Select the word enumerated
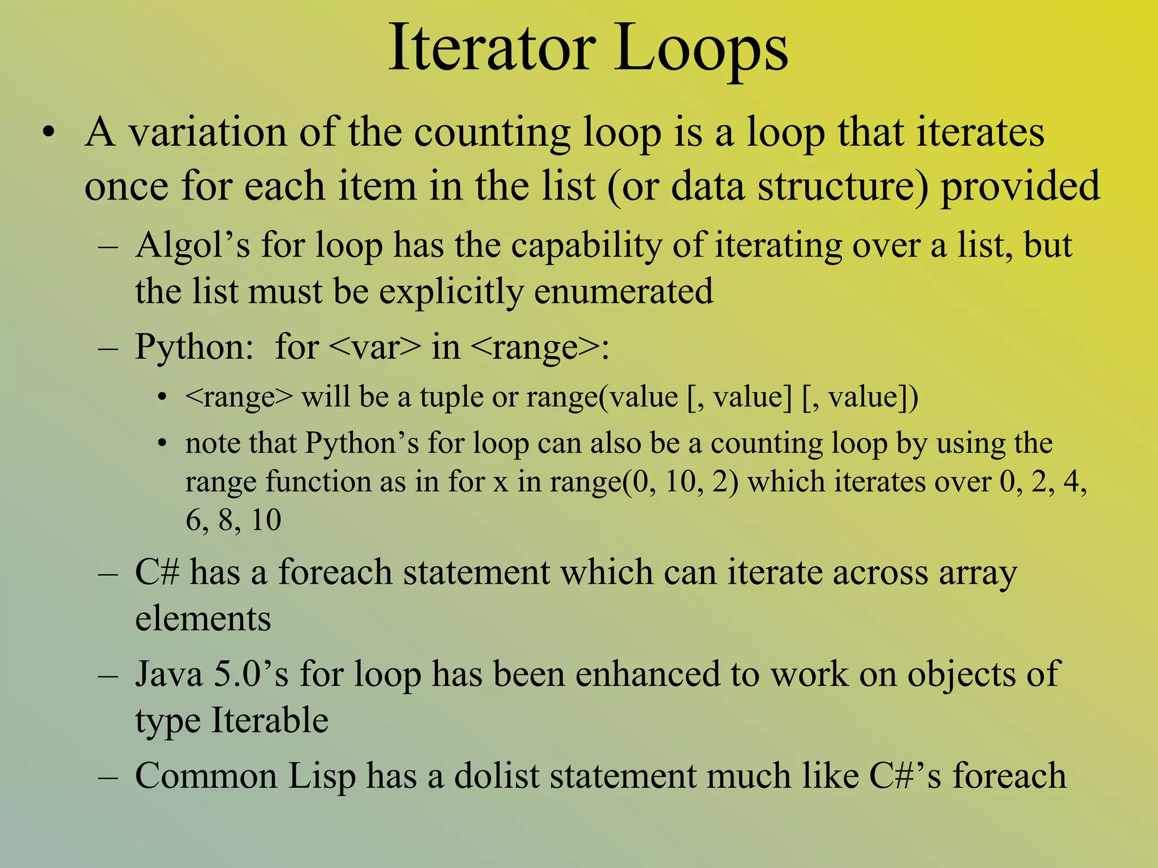[623, 292]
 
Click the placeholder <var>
[374, 347]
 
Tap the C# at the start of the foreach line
[157, 572]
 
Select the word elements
[203, 618]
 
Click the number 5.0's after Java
[251, 674]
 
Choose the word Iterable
[270, 721]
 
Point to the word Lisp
[322, 775]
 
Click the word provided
[1020, 186]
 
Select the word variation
[208, 132]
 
